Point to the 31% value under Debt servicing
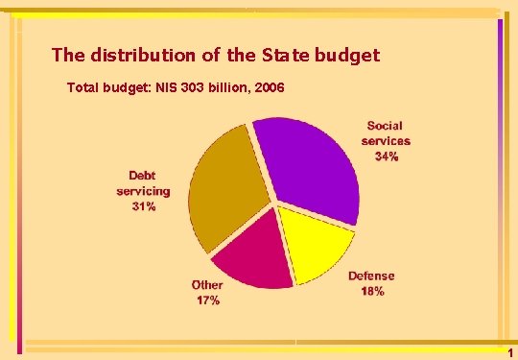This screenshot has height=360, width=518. (144, 206)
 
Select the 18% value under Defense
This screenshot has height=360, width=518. (373, 290)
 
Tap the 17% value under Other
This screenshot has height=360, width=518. (207, 300)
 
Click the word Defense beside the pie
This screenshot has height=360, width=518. (371, 276)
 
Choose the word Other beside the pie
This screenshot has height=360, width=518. (207, 285)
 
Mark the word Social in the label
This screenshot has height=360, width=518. (385, 126)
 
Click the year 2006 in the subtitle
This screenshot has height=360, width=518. (268, 87)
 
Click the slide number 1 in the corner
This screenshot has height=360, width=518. (509, 353)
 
